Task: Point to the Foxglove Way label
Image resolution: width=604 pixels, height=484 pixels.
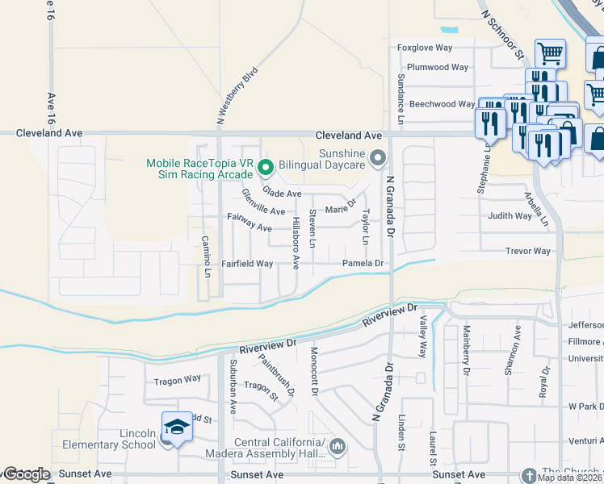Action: coord(428,48)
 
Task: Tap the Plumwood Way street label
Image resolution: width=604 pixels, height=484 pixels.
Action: coord(438,68)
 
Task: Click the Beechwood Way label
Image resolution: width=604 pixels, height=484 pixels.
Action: coord(443,104)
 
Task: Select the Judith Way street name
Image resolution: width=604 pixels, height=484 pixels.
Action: coord(510,216)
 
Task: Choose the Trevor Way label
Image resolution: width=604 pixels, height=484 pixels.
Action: coord(528,252)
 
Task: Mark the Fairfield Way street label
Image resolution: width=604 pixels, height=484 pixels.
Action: coord(248,264)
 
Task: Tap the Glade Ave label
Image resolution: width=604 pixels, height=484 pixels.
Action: coord(282,194)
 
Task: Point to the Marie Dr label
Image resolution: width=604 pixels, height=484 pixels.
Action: coord(341,208)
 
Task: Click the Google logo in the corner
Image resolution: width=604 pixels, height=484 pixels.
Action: coord(26,474)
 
